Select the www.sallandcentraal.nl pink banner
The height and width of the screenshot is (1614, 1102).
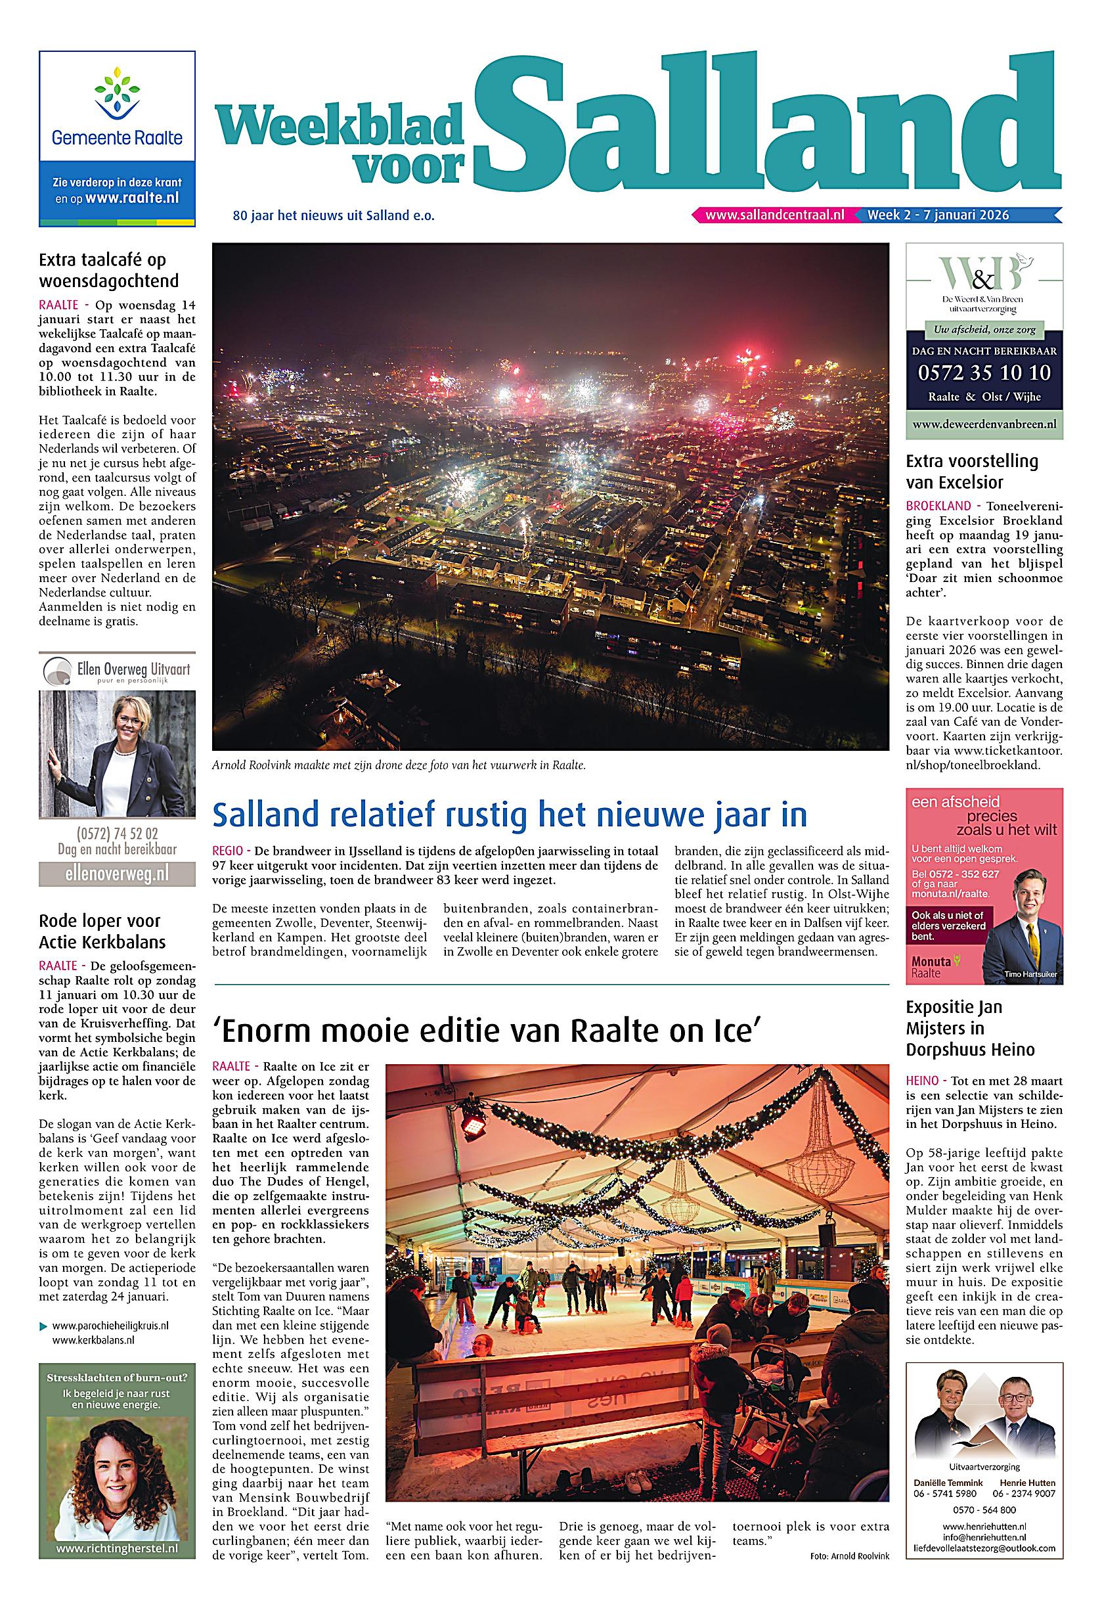click(774, 215)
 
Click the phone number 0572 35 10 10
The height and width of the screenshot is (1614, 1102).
click(984, 373)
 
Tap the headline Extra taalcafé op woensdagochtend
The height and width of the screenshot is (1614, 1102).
click(109, 271)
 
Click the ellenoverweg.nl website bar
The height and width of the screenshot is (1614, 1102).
click(117, 872)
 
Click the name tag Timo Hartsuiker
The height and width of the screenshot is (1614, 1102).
click(1030, 975)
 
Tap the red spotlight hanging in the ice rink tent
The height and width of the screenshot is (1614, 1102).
click(474, 1119)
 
